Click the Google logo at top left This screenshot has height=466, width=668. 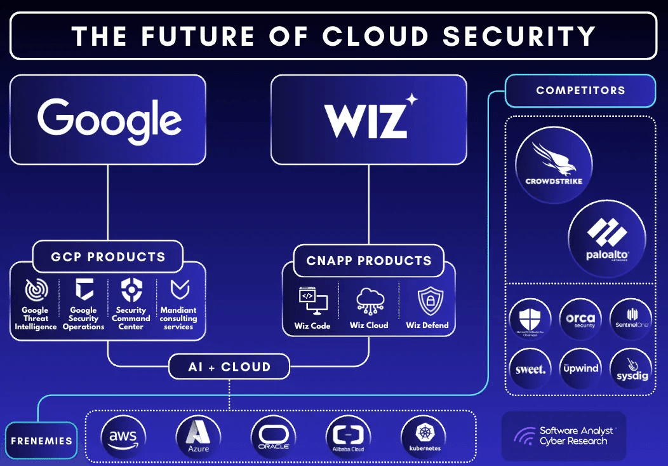[109, 120]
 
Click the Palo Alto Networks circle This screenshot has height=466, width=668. [606, 239]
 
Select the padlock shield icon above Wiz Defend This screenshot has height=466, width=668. [427, 301]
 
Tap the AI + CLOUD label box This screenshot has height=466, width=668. [229, 367]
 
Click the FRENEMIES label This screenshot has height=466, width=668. [41, 441]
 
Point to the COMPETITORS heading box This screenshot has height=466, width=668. [580, 90]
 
